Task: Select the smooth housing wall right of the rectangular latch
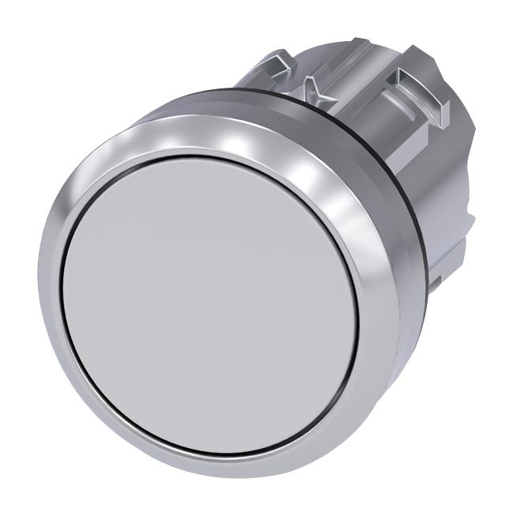(x=455, y=111)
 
